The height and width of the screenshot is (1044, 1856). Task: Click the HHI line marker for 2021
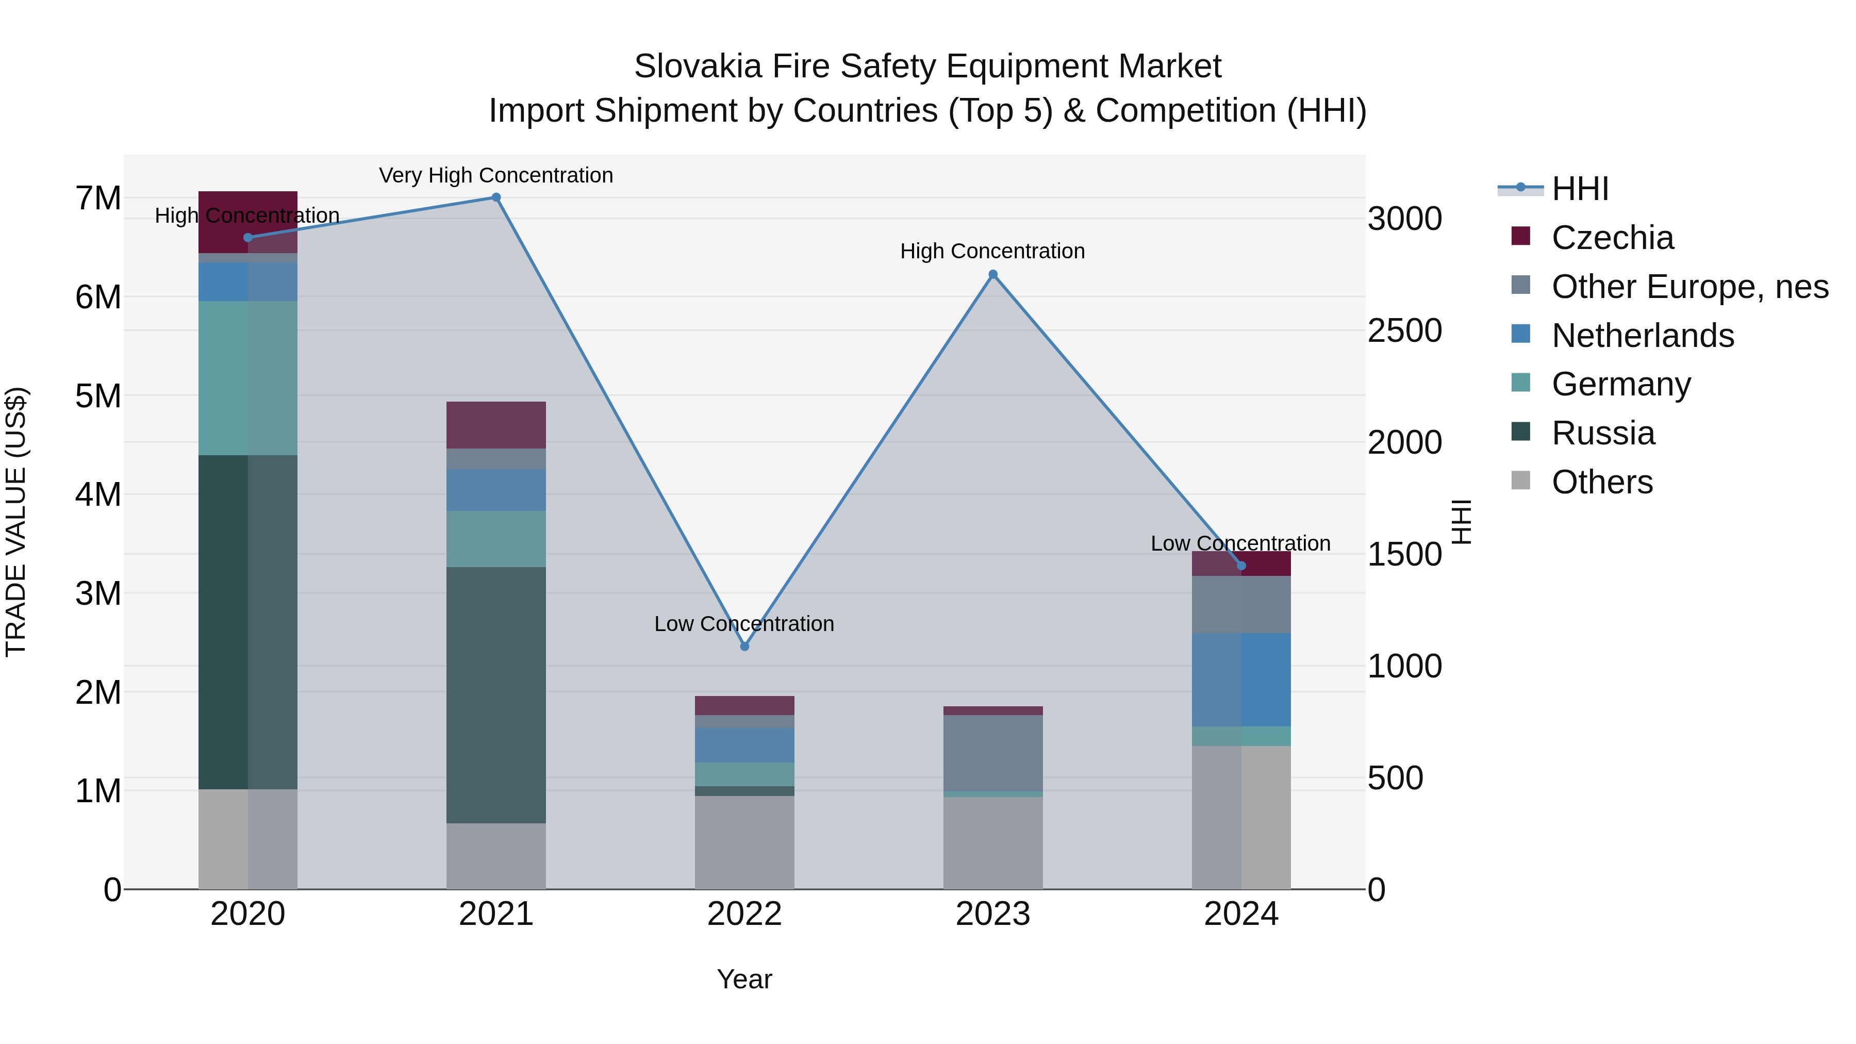(495, 197)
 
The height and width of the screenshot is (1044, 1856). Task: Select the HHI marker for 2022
(744, 647)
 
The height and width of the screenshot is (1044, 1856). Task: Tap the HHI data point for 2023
(993, 274)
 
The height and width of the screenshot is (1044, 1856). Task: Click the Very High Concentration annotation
(495, 175)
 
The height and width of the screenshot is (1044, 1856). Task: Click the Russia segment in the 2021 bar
(495, 695)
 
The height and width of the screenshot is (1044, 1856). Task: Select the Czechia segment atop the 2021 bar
(495, 425)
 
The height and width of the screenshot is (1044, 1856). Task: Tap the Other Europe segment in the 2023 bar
(993, 753)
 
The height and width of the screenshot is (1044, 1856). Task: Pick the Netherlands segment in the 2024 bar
(1241, 680)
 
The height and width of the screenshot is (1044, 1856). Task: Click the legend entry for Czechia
(1612, 238)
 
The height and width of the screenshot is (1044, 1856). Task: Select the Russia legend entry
(1602, 433)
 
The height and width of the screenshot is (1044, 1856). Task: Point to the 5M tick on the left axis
(98, 395)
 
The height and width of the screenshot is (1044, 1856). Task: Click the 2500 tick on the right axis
(1404, 330)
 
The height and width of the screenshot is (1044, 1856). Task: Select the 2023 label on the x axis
(993, 914)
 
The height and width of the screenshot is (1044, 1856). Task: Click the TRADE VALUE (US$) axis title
(16, 522)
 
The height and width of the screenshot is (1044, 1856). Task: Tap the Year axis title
(744, 979)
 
